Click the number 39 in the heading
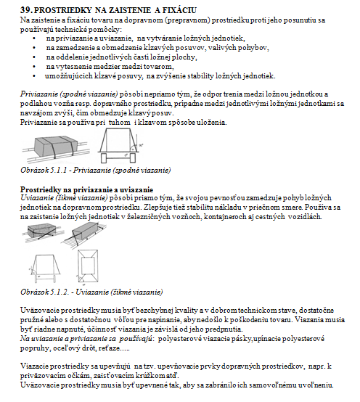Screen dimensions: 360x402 pyautogui.click(x=25, y=10)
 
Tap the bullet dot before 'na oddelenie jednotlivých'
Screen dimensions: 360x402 pyautogui.click(x=34, y=57)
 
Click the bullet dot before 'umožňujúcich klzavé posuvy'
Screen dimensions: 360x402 pyautogui.click(x=34, y=76)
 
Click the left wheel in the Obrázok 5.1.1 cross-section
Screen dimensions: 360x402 pyautogui.click(x=104, y=158)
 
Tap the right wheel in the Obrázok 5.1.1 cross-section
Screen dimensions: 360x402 pyautogui.click(x=133, y=158)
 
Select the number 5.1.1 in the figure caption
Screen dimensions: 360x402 pyautogui.click(x=60, y=170)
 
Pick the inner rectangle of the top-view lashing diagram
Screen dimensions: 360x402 pyautogui.click(x=87, y=266)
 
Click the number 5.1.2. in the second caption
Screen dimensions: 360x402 pyautogui.click(x=60, y=292)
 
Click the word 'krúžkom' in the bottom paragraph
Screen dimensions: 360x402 pyautogui.click(x=151, y=376)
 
